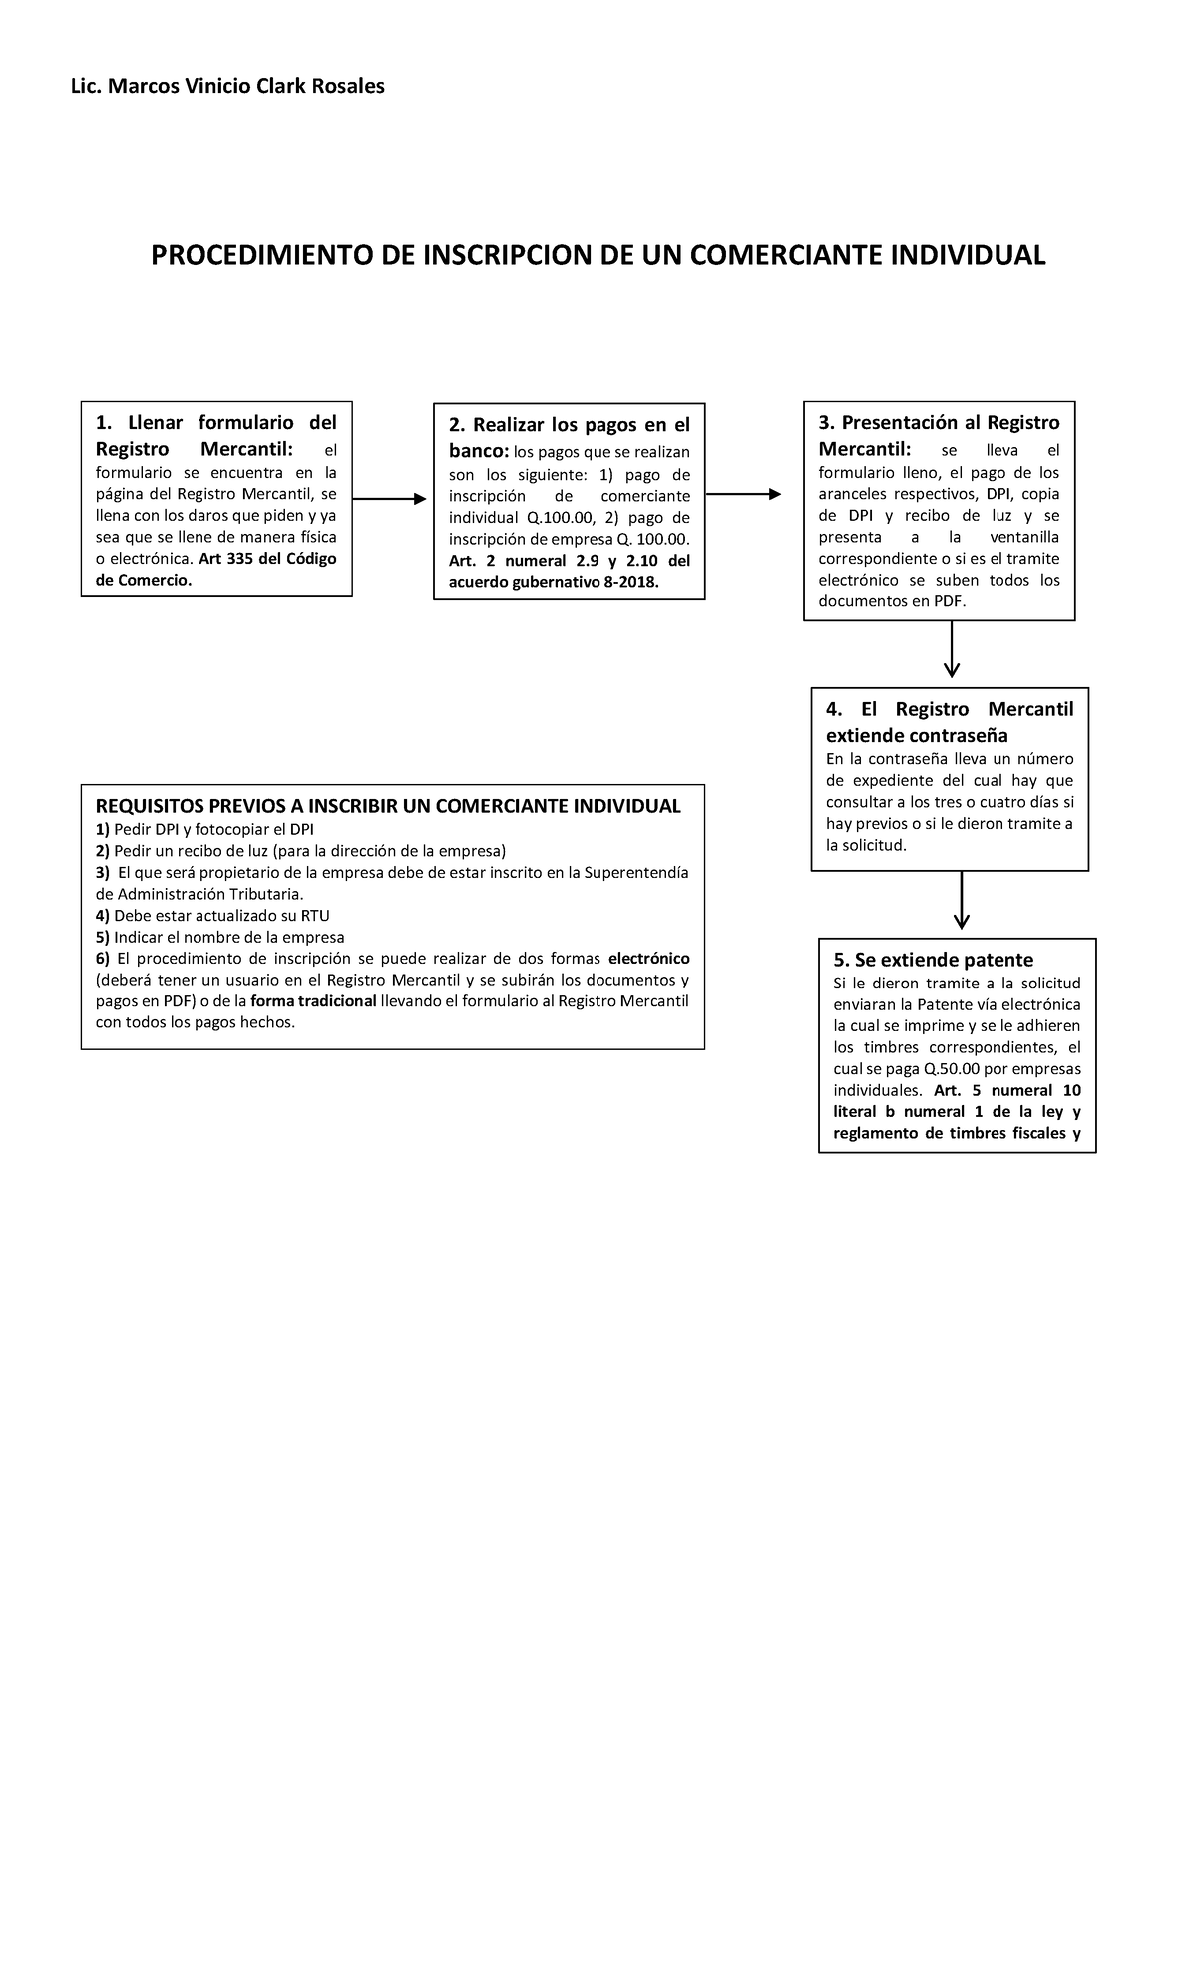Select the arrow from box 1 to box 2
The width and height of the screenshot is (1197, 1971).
click(389, 499)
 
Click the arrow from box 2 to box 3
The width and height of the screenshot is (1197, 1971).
click(742, 494)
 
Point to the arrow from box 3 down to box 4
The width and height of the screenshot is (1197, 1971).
click(952, 649)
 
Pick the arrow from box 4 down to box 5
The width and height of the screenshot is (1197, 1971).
click(962, 900)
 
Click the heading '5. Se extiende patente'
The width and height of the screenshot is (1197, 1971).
click(933, 960)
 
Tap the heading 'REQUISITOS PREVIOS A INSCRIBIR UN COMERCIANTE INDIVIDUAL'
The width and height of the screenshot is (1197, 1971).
click(388, 806)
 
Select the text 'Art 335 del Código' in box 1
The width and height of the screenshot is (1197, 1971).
click(267, 559)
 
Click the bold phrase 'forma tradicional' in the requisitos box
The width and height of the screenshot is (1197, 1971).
click(313, 1001)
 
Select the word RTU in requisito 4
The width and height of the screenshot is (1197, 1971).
click(314, 915)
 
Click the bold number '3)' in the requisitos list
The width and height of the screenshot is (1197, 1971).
click(102, 872)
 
